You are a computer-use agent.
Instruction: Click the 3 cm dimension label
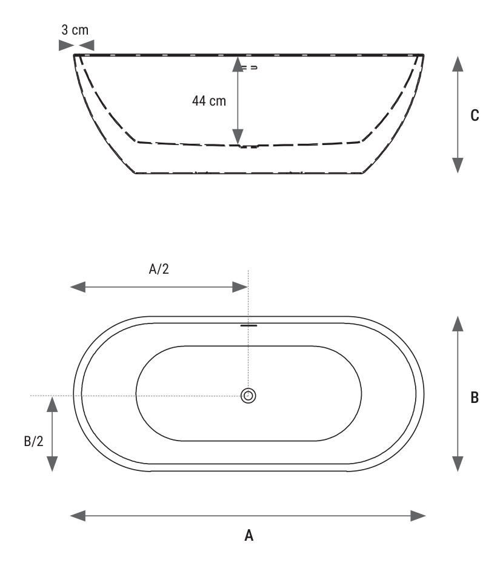coord(75,30)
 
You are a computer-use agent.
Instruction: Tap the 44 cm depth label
coord(209,101)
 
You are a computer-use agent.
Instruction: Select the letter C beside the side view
coord(475,115)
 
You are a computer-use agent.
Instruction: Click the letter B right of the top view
coord(475,398)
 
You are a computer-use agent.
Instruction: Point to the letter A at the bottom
coord(248,535)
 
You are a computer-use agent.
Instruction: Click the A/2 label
coord(159,269)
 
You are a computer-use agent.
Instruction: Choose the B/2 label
coord(33,441)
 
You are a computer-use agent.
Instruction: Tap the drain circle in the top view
coord(248,396)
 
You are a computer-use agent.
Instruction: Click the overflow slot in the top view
coord(248,325)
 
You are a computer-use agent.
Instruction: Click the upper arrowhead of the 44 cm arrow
coord(238,64)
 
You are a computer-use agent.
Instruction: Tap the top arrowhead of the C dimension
coord(458,64)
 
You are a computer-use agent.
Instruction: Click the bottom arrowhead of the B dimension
coord(458,464)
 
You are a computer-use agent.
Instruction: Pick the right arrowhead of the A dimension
coord(418,516)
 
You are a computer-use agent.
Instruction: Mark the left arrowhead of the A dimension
coord(78,516)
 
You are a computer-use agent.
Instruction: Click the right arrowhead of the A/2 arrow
coord(240,287)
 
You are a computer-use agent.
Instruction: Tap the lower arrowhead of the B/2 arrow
coord(52,464)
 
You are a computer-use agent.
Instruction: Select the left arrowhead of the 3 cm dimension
coord(66,46)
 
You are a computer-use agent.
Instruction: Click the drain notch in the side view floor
coord(249,146)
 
